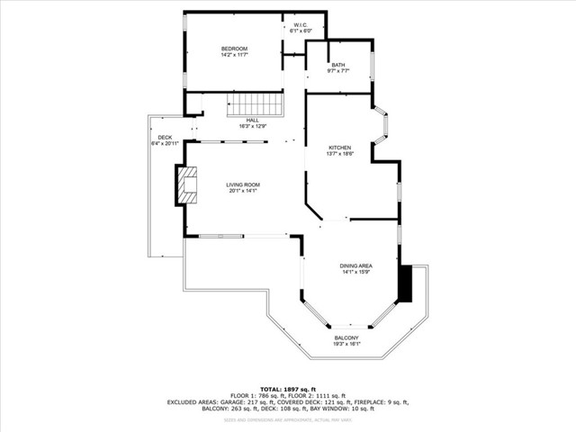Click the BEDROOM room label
pos(234,48)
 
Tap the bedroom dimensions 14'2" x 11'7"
pos(234,55)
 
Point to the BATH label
pos(337,64)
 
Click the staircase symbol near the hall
pos(265,104)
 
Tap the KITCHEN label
pos(339,148)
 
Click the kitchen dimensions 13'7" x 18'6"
pos(339,155)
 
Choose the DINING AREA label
pos(356,265)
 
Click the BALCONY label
pos(346,337)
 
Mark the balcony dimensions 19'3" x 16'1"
pos(346,344)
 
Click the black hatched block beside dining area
pos(406,283)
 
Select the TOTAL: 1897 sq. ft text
pos(288,388)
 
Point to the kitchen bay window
pos(382,126)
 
